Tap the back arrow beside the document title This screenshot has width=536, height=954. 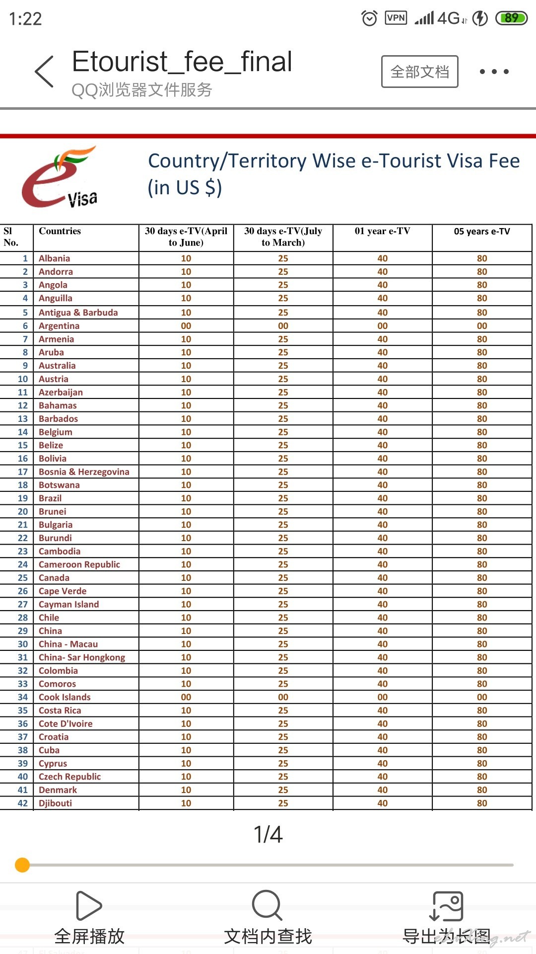tap(44, 72)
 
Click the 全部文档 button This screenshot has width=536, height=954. tap(419, 72)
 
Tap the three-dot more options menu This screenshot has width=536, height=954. tap(494, 72)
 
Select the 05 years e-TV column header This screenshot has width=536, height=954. tap(481, 232)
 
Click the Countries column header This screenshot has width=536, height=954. tap(60, 231)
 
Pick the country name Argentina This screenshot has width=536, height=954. tap(59, 326)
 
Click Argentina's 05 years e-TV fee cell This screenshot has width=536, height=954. tap(481, 326)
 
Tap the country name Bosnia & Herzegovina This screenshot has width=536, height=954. tap(84, 472)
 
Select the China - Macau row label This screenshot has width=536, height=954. tap(68, 644)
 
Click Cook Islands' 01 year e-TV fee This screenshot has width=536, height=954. tap(382, 697)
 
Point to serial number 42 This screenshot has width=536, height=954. tap(23, 803)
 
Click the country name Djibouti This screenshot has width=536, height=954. tap(56, 803)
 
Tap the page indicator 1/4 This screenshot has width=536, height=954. tap(268, 835)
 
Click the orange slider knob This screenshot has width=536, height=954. tap(22, 865)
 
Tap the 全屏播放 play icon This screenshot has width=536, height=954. tap(89, 906)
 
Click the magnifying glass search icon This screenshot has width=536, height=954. tap(267, 905)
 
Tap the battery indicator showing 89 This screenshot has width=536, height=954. tap(511, 18)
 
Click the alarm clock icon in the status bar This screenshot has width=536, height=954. tap(369, 18)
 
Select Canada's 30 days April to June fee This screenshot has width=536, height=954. tap(186, 578)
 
